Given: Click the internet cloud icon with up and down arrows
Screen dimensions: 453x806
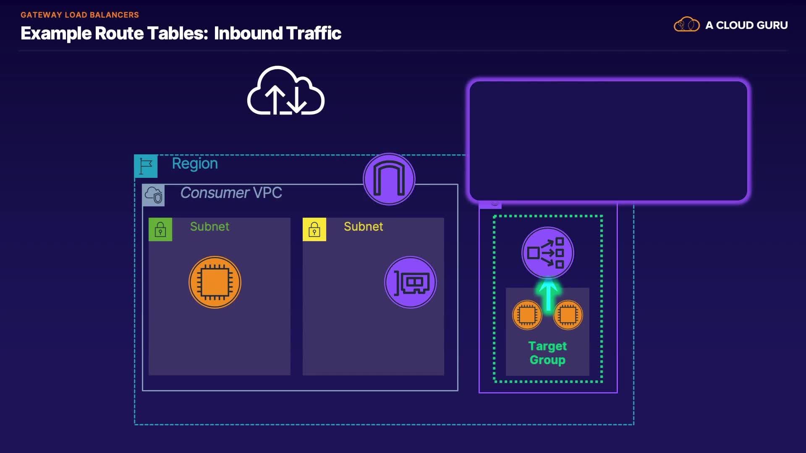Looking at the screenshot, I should pyautogui.click(x=286, y=91).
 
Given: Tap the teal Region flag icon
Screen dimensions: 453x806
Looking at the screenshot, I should pyautogui.click(x=146, y=166).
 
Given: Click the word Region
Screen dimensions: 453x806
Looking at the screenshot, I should pyautogui.click(x=195, y=164).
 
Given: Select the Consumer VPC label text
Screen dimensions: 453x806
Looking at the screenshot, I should pyautogui.click(x=231, y=193).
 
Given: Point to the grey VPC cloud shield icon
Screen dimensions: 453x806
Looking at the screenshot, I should pyautogui.click(x=154, y=195).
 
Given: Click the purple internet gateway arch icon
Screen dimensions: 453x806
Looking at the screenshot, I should pyautogui.click(x=389, y=180).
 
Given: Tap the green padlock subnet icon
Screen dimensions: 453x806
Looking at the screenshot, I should pyautogui.click(x=160, y=229).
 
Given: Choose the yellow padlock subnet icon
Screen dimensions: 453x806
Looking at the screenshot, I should pyautogui.click(x=314, y=229).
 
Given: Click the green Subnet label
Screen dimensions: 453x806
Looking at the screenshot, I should pyautogui.click(x=209, y=227).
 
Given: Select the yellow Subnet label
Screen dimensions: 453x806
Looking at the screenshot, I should pyautogui.click(x=363, y=227).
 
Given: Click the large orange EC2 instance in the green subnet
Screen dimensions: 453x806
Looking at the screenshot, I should pyautogui.click(x=215, y=282).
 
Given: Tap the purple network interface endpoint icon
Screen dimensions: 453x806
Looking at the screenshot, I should pyautogui.click(x=411, y=282).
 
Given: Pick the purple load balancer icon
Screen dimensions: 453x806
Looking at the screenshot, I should pyautogui.click(x=547, y=253).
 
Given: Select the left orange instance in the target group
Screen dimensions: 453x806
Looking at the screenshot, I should pyautogui.click(x=527, y=315).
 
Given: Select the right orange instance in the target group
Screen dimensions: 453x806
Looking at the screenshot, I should pyautogui.click(x=568, y=315).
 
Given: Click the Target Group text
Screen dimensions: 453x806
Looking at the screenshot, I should pyautogui.click(x=547, y=353).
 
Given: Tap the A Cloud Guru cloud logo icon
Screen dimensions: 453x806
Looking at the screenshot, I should pyautogui.click(x=687, y=25).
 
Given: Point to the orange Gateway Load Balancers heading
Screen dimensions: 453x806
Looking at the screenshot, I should pyautogui.click(x=80, y=15).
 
